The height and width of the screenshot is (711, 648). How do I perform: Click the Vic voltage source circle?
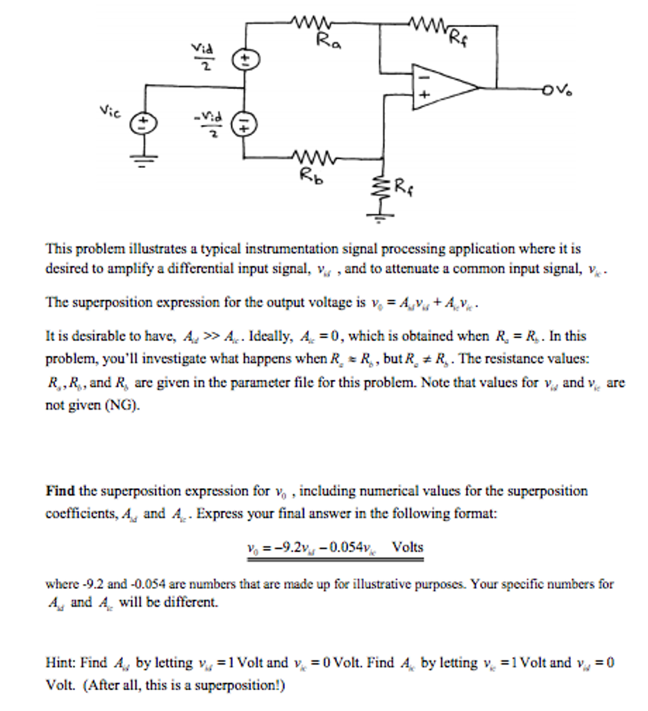tap(145, 124)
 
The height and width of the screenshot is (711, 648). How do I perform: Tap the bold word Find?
tap(60, 492)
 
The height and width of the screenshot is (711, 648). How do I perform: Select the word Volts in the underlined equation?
tap(407, 546)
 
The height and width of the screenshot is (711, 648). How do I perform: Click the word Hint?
tap(60, 662)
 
